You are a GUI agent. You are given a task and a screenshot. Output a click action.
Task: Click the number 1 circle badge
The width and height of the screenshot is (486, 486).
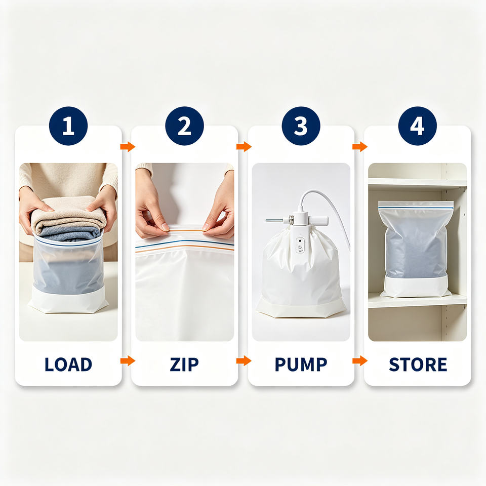(68, 126)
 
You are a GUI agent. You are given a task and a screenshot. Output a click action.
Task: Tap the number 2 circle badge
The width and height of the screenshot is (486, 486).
(184, 126)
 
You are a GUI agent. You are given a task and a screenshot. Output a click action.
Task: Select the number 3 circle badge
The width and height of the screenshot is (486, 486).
(301, 126)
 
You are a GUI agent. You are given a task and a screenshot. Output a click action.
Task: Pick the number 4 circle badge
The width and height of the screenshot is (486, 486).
(417, 126)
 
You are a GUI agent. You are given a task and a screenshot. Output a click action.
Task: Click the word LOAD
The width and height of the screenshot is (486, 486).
(68, 364)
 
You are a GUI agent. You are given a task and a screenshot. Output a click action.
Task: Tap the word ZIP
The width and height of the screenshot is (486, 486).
(184, 364)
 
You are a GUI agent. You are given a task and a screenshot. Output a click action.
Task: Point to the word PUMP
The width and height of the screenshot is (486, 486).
(301, 364)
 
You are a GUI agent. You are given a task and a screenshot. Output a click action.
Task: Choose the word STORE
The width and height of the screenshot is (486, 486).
(418, 364)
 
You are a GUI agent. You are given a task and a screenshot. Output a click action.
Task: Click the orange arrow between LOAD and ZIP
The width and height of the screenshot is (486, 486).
(128, 360)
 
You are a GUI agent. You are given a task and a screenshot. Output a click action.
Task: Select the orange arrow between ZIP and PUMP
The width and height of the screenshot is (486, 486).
(244, 360)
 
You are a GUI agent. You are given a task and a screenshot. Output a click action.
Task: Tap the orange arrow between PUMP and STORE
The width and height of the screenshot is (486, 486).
(360, 360)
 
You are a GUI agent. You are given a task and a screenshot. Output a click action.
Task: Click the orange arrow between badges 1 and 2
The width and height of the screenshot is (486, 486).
(128, 146)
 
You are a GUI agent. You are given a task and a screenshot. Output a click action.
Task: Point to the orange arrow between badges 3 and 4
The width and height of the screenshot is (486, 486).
(360, 146)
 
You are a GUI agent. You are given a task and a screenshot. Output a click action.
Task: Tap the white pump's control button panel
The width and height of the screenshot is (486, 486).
(300, 245)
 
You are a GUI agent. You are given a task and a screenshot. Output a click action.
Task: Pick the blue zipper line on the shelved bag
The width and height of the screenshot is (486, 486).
(416, 208)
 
